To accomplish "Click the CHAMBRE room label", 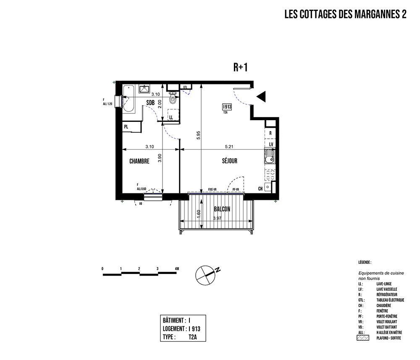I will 139,161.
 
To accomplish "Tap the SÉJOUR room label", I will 230,161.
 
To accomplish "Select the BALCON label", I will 221,209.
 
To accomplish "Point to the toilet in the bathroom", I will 172,99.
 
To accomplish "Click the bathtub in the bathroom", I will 129,98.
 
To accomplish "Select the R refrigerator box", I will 271,133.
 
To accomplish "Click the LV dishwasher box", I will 271,145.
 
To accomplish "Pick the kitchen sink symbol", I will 269,158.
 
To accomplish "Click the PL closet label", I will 126,126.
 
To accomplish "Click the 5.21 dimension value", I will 229,147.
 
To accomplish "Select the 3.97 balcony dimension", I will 217,218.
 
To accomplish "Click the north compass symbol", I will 205,273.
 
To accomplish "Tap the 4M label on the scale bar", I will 177,268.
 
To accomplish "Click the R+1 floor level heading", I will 241,67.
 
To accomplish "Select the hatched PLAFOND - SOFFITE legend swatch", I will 362,337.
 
